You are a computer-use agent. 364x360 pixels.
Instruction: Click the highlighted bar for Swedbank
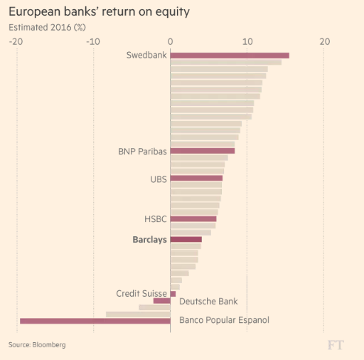(x=230, y=55)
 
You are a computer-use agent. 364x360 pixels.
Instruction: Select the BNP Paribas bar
(x=203, y=151)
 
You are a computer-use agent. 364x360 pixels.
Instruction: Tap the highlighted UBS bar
(x=196, y=179)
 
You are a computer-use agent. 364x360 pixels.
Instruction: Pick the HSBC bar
(x=193, y=219)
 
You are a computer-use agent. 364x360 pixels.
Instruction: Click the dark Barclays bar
(x=186, y=240)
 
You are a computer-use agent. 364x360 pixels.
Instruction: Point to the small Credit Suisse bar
(x=173, y=294)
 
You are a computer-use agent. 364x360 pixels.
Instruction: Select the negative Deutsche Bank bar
(x=162, y=301)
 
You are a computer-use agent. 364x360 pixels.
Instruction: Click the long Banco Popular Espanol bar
(x=95, y=321)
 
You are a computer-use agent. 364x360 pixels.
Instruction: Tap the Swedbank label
(x=146, y=55)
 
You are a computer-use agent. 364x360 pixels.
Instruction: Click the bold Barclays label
(x=149, y=240)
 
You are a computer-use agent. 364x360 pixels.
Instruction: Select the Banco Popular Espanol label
(x=224, y=320)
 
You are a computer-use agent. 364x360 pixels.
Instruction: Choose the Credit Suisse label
(x=141, y=293)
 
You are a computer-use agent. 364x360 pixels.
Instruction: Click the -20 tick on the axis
(x=16, y=41)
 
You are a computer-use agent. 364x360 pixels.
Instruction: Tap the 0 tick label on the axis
(x=171, y=41)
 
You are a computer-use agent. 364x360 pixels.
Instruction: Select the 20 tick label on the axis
(x=324, y=41)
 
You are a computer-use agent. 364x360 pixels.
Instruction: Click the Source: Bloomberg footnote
(x=37, y=344)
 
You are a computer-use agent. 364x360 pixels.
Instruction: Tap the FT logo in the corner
(x=336, y=344)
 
